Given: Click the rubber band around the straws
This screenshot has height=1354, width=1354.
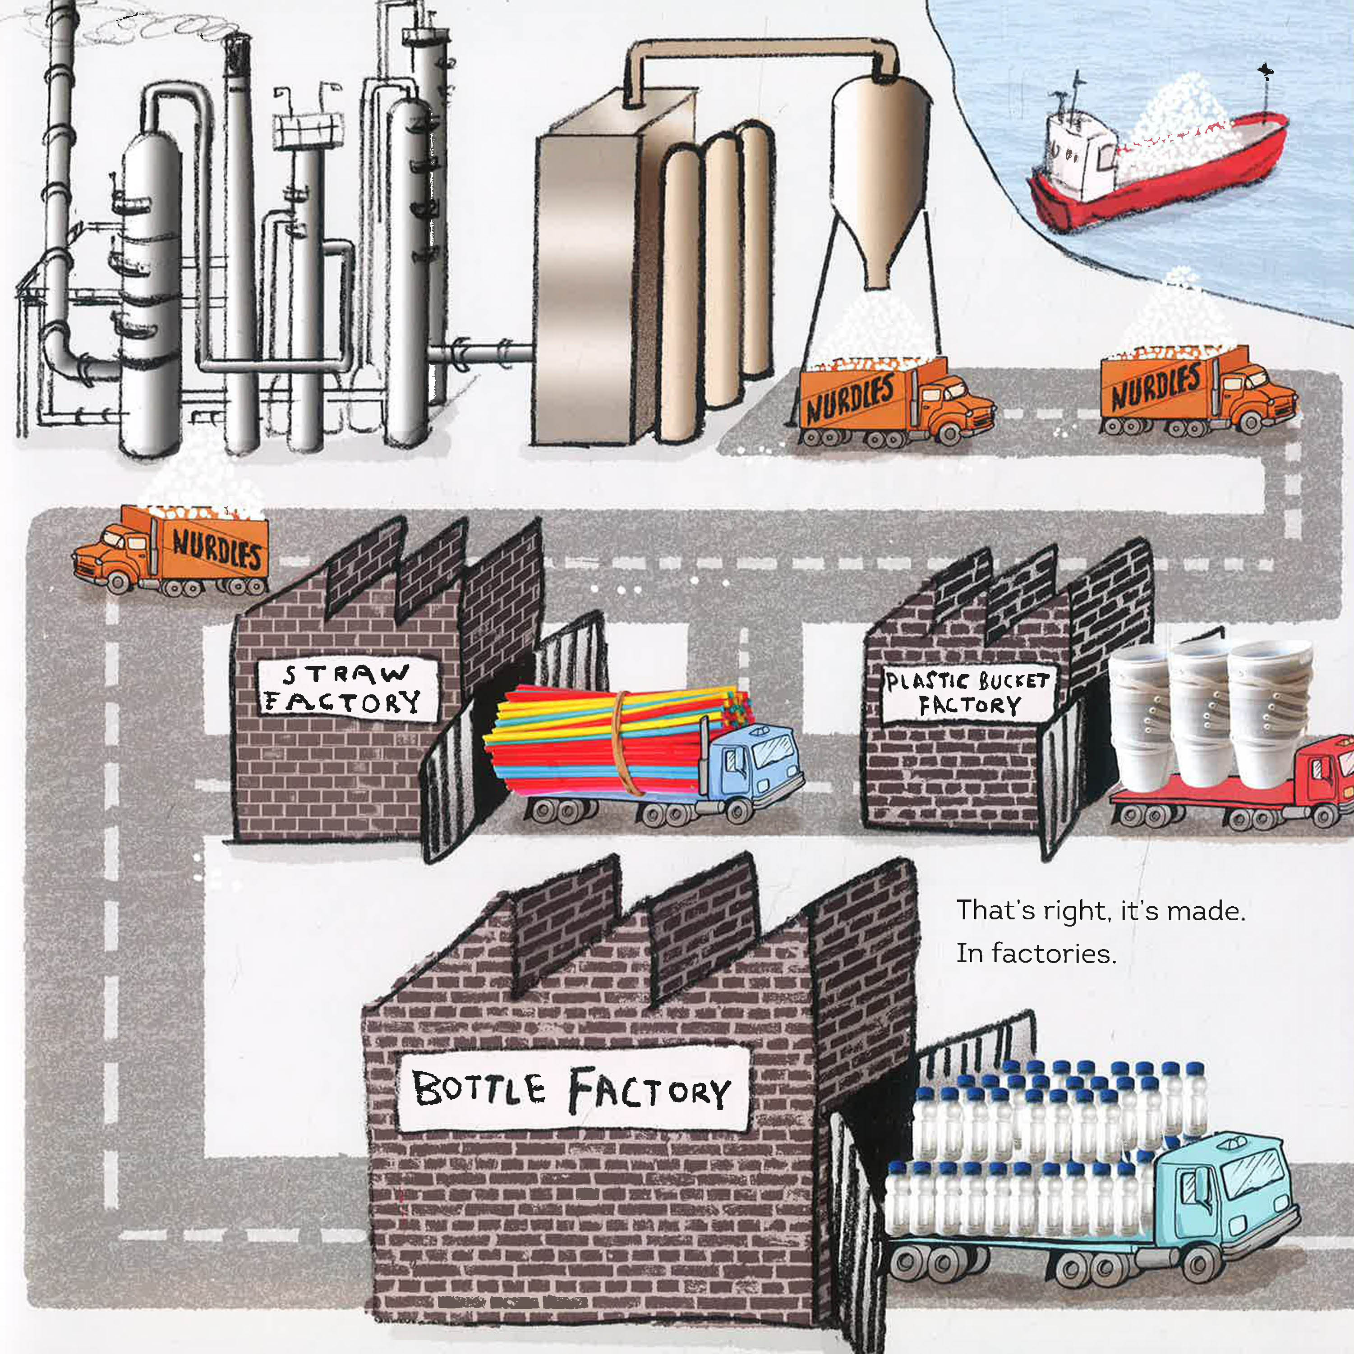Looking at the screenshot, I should coord(621,743).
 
